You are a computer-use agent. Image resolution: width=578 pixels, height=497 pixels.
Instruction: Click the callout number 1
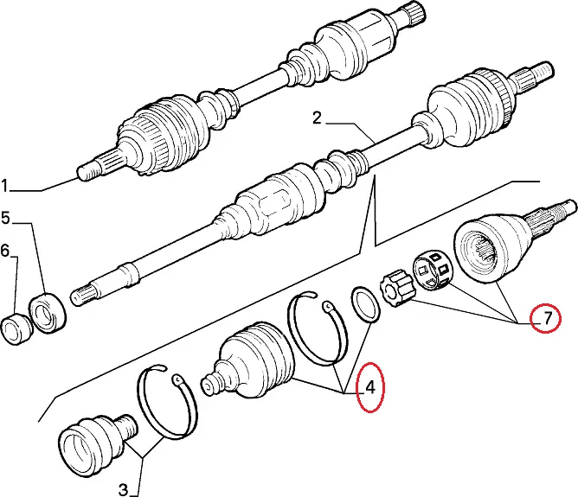5,185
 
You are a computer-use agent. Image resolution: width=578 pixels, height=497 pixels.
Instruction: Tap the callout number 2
317,118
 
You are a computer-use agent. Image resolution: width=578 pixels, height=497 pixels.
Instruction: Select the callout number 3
123,489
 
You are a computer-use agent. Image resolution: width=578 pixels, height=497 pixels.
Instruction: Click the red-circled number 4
369,387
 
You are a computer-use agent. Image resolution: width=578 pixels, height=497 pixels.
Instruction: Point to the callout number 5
5,217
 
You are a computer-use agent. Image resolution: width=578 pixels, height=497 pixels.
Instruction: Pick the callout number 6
5,251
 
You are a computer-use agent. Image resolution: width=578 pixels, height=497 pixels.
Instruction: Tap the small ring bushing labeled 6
16,328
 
